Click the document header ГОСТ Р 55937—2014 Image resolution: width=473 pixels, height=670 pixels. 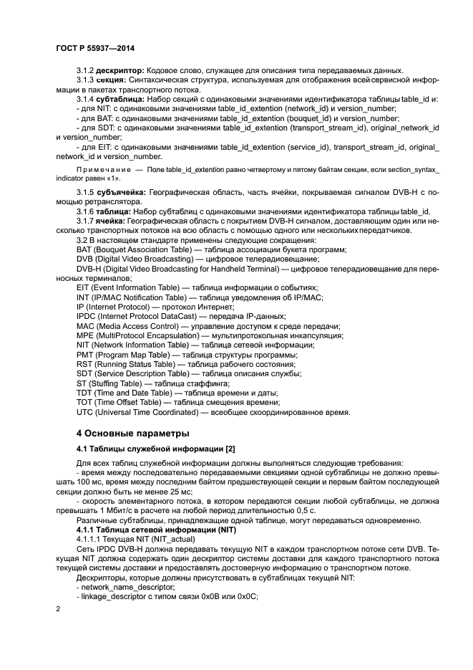tap(94, 48)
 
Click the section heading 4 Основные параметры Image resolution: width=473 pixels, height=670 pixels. tap(132, 433)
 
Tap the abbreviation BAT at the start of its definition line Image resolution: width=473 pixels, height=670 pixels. tap(84, 249)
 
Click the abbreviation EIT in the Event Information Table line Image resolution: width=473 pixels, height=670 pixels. tap(84, 287)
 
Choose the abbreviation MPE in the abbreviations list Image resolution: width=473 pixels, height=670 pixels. tap(85, 335)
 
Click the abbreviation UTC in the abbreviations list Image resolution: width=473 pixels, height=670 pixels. tap(85, 412)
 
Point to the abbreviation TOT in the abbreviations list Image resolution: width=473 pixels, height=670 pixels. tap(84, 402)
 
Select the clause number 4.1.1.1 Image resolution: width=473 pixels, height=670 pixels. tap(92, 537)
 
